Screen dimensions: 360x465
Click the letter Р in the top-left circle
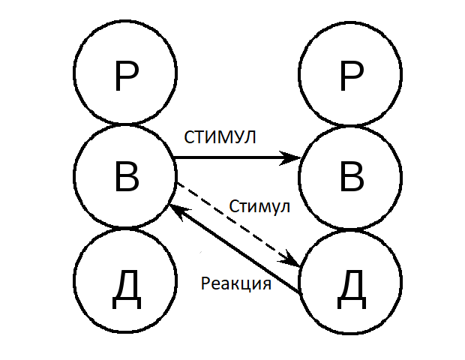coord(125,75)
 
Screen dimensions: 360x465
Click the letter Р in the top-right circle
coord(350,75)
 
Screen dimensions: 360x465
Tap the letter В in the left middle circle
coord(125,178)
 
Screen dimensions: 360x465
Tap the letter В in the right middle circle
coord(350,178)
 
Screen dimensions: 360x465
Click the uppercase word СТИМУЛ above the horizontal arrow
coord(220,138)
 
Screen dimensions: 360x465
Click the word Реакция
coord(236,284)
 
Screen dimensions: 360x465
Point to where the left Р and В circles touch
coord(125,124)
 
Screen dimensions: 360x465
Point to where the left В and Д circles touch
coord(125,229)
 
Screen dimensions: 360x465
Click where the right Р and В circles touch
coord(350,124)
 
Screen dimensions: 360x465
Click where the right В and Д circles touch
coord(350,229)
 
